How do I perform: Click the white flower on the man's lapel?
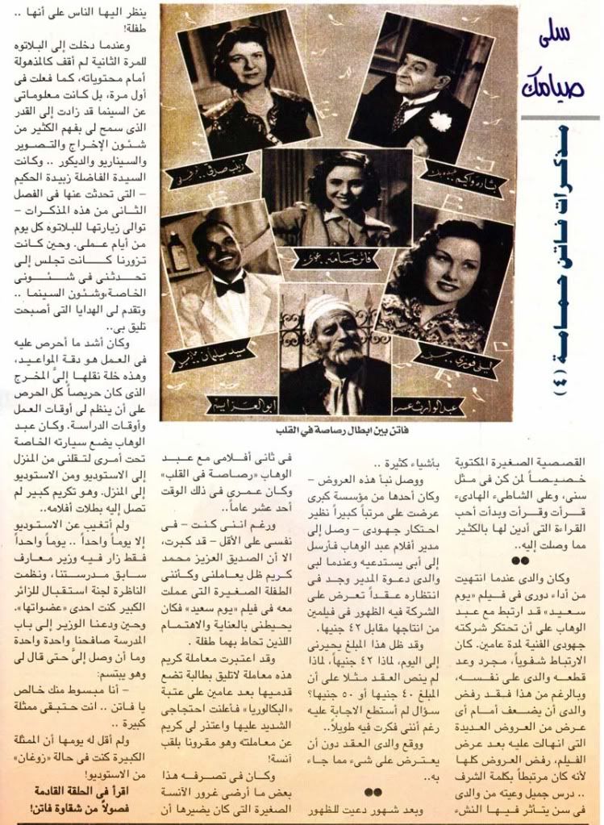point(440,120)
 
